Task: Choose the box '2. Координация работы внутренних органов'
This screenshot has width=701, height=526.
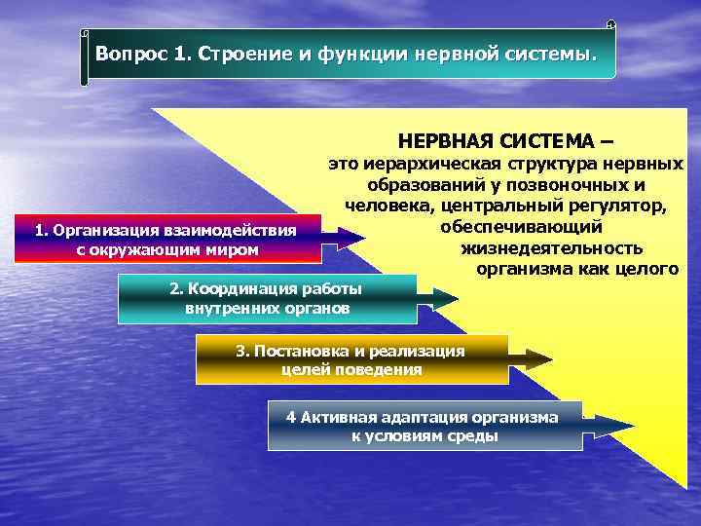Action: [x=266, y=299]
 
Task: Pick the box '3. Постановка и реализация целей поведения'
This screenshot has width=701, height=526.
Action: [x=350, y=359]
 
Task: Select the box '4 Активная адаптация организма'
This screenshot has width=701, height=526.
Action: [x=424, y=426]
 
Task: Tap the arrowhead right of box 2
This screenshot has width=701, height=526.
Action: [x=444, y=299]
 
